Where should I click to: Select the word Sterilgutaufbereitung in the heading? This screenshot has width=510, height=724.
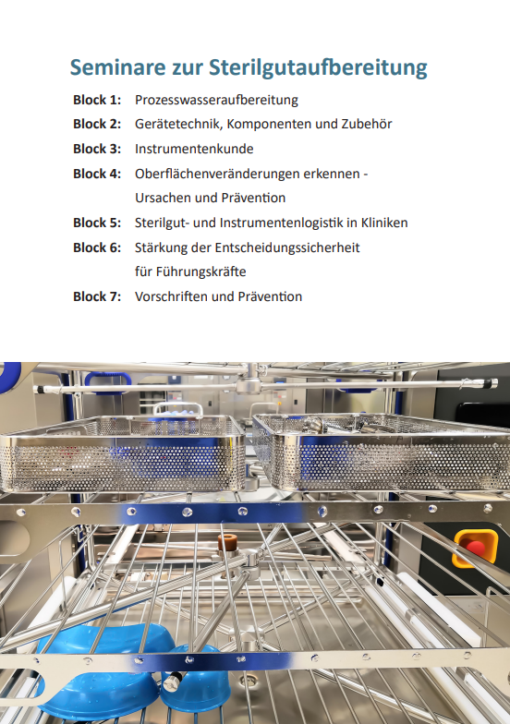coord(318,68)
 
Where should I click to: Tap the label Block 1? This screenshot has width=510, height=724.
coord(97,100)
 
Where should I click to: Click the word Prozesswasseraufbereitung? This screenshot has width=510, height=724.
coord(216,100)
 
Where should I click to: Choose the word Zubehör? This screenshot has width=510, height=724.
coord(366,124)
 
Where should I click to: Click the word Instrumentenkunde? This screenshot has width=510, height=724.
coord(194,149)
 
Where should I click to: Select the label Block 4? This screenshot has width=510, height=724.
coord(97,174)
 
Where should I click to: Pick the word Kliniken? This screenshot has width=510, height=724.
coord(384,223)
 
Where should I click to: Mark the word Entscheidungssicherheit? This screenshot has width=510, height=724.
coord(286,247)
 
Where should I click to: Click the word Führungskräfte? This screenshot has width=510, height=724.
coord(201,271)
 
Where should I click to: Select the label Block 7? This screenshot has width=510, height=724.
coord(97,296)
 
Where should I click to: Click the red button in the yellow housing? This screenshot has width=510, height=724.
coord(475,549)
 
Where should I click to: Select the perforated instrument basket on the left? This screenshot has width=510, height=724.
coord(122,453)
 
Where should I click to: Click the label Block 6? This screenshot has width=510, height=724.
coord(97,247)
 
